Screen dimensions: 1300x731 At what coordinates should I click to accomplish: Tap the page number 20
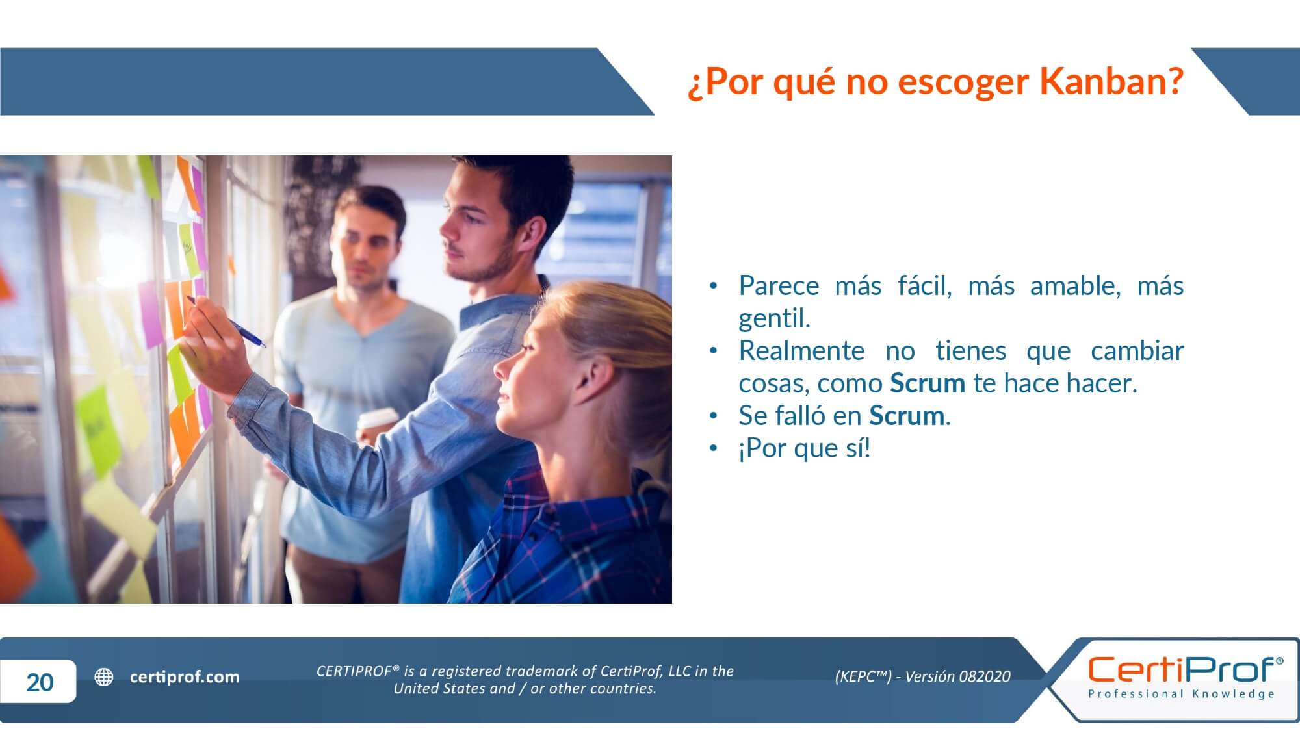click(x=40, y=682)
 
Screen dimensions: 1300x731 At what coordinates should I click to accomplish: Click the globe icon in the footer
click(x=104, y=677)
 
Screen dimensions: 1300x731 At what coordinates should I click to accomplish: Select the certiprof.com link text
click(x=185, y=677)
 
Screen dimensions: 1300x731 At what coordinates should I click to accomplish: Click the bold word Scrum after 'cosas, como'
click(x=928, y=383)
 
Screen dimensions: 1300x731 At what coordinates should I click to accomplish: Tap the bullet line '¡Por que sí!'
click(x=804, y=448)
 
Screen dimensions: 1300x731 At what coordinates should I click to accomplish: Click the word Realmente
click(x=801, y=351)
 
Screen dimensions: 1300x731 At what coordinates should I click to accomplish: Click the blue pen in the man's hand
click(x=226, y=322)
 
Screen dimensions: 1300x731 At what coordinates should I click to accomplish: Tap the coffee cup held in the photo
click(x=377, y=426)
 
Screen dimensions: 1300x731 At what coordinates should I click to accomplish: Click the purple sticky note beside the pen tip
click(x=151, y=314)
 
